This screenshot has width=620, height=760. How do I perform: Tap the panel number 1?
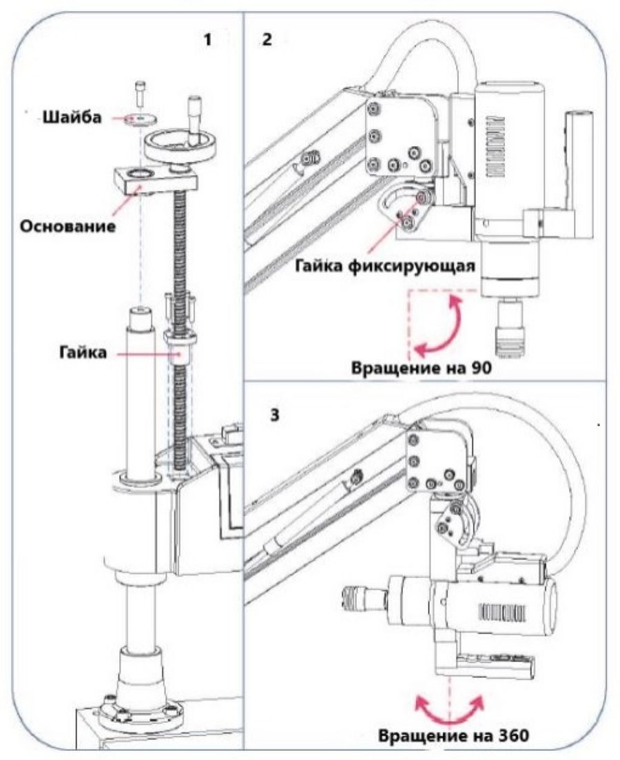click(207, 39)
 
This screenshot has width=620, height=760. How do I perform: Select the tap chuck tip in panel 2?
click(510, 327)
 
